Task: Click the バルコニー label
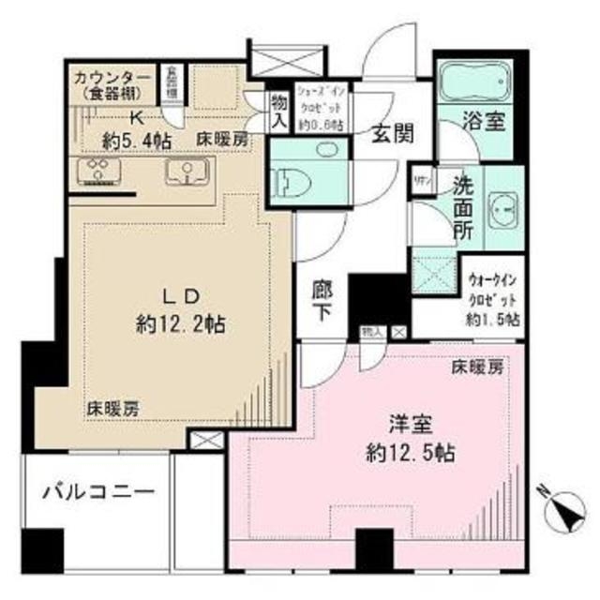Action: click(89, 491)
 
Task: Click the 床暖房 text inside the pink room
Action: click(476, 367)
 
